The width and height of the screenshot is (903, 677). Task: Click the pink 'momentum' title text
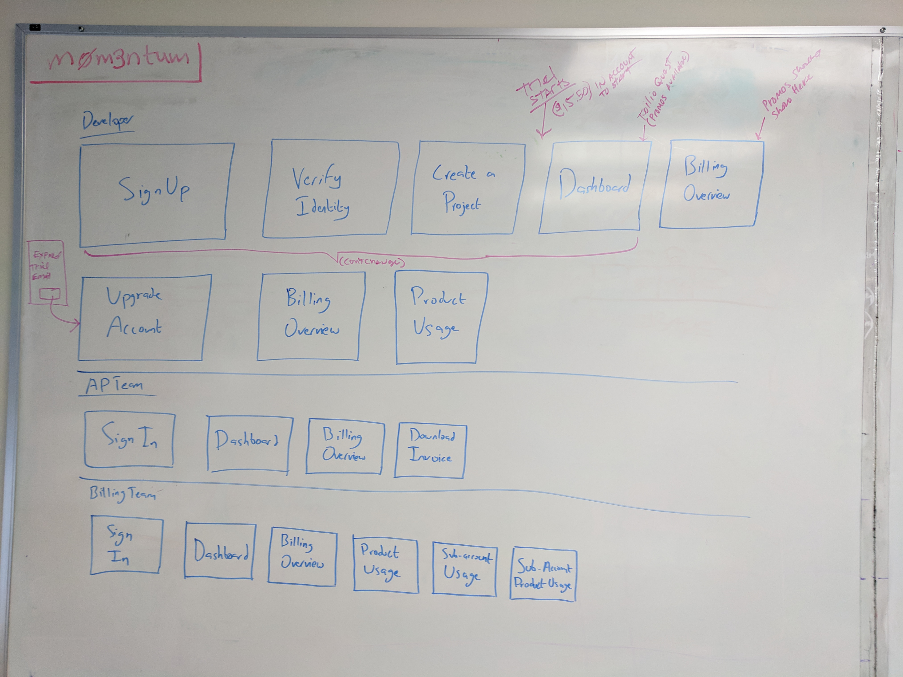pyautogui.click(x=118, y=59)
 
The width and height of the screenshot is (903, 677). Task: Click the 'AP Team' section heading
pyautogui.click(x=114, y=386)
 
